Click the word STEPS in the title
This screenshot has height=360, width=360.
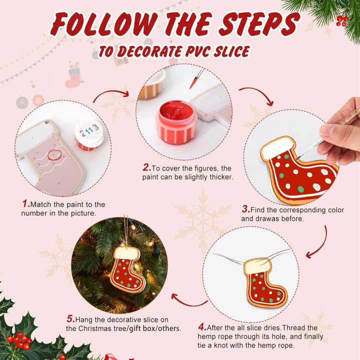[x=260, y=25]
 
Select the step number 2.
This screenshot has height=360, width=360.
[x=146, y=168]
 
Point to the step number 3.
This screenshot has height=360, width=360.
[x=245, y=209]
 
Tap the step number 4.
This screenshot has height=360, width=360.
[x=202, y=327]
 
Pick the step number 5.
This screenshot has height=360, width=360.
[x=71, y=319]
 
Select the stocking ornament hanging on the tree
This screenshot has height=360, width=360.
[x=126, y=269]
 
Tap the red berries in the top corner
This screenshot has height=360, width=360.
[x=342, y=20]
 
